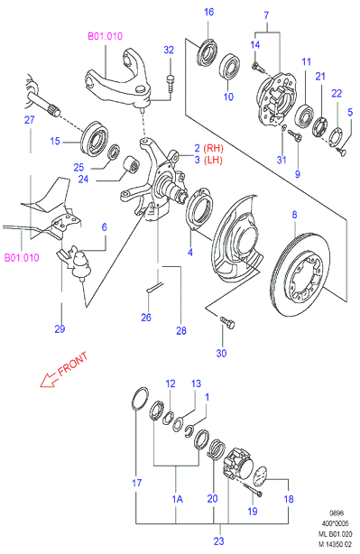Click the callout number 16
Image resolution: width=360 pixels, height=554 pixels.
(x=208, y=12)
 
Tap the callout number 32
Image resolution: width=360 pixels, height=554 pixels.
(x=169, y=50)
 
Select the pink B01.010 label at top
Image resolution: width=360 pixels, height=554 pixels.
(x=105, y=36)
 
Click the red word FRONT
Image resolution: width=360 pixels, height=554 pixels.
(x=73, y=364)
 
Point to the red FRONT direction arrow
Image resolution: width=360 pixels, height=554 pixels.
(x=49, y=380)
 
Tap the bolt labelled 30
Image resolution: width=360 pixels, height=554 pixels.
(x=227, y=322)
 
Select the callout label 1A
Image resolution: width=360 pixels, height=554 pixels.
(x=178, y=499)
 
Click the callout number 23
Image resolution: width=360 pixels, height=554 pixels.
(x=218, y=540)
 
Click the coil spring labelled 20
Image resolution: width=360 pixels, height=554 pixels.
(x=216, y=448)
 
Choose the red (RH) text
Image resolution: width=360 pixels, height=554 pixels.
(x=214, y=148)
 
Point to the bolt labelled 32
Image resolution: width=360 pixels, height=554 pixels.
(x=171, y=83)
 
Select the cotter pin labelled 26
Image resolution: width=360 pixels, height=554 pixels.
(x=154, y=287)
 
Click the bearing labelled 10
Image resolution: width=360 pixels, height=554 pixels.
(x=230, y=67)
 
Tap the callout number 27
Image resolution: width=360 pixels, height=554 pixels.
(x=29, y=120)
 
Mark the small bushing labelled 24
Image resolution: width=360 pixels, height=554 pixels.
(x=131, y=164)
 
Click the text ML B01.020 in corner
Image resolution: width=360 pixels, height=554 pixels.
(x=336, y=534)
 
